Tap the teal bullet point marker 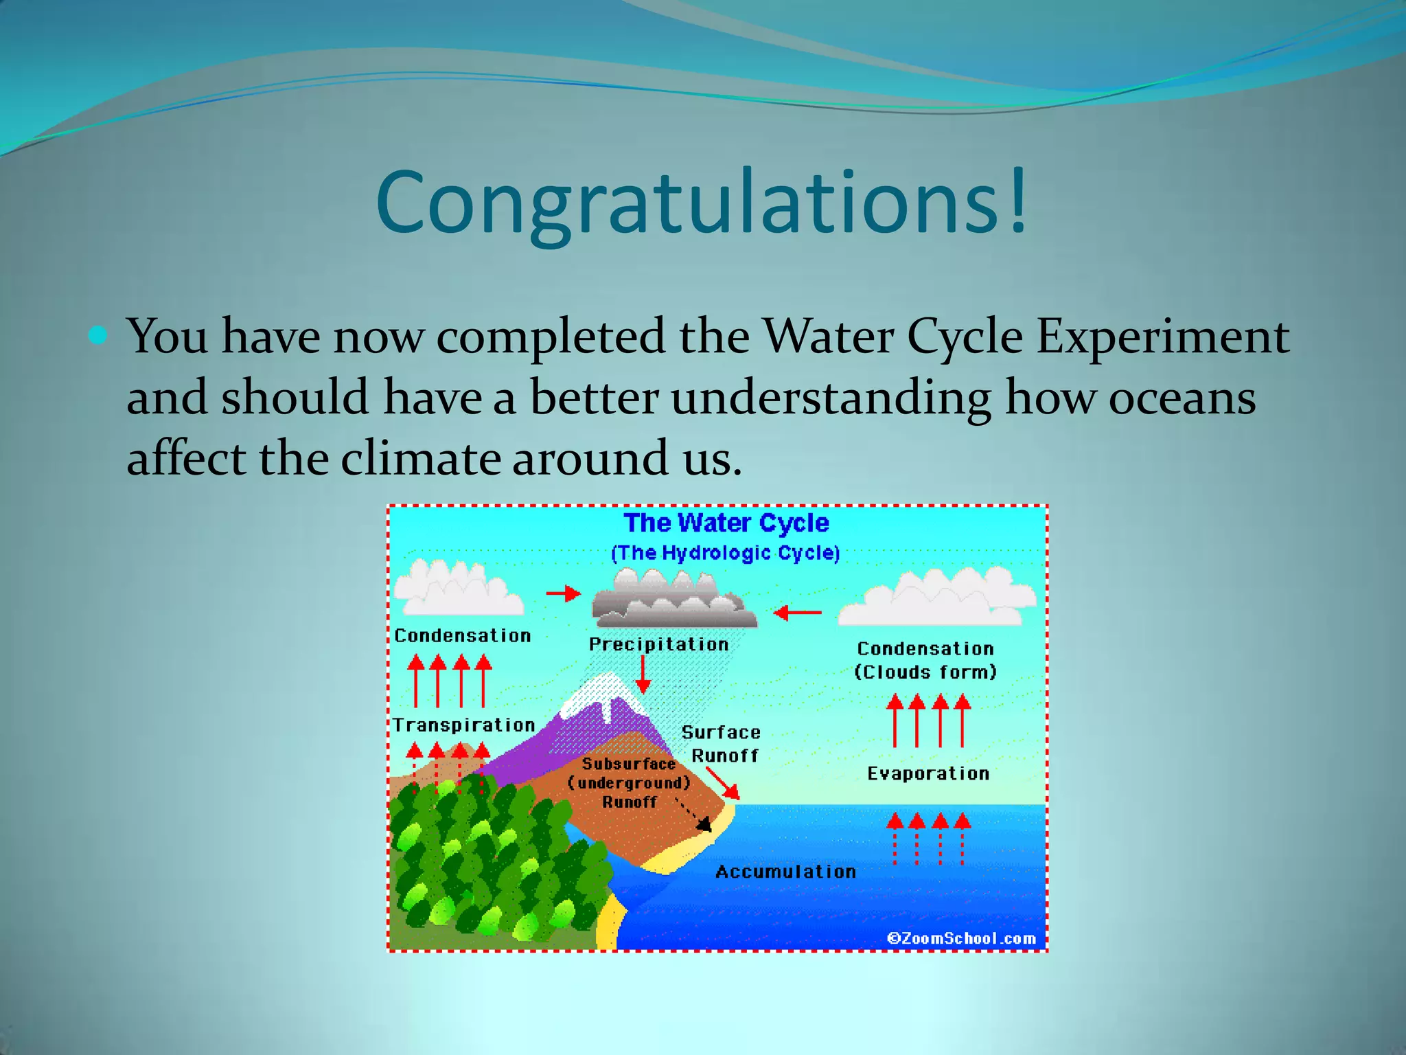[99, 335]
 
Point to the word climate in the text [420, 459]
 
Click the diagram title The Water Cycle [726, 523]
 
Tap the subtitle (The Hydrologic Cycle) [726, 553]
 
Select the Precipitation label [658, 644]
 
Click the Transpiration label [463, 725]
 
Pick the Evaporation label [928, 774]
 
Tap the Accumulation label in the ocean [785, 872]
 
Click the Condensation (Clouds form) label [925, 660]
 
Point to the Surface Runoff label [722, 744]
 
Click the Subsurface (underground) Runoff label [629, 783]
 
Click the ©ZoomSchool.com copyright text [961, 938]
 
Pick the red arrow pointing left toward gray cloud [796, 612]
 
